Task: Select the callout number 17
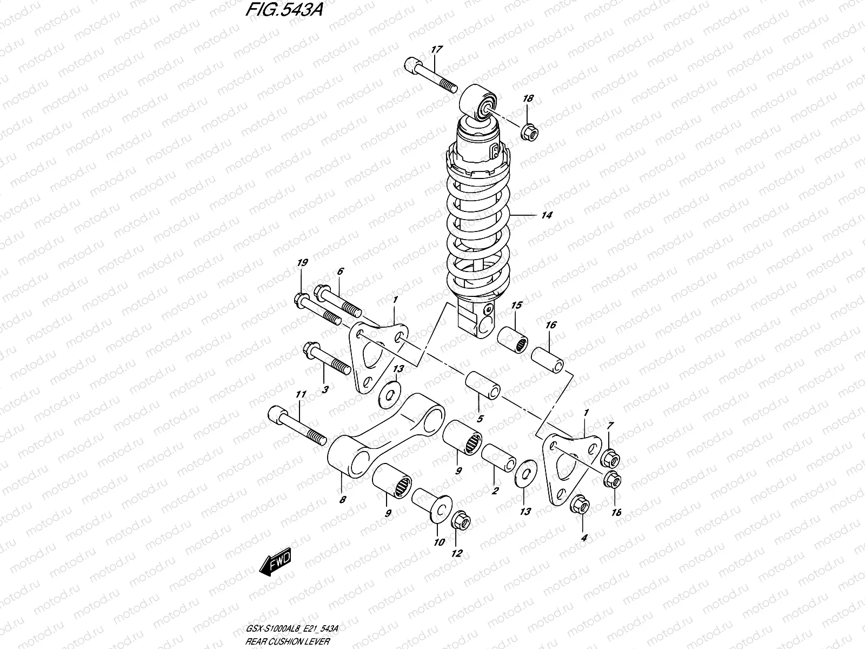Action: [x=436, y=50]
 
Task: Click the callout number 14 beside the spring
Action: [x=546, y=215]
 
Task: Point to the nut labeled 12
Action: [x=462, y=521]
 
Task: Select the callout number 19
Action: [x=302, y=263]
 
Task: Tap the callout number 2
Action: [x=494, y=491]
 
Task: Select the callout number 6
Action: [x=340, y=271]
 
